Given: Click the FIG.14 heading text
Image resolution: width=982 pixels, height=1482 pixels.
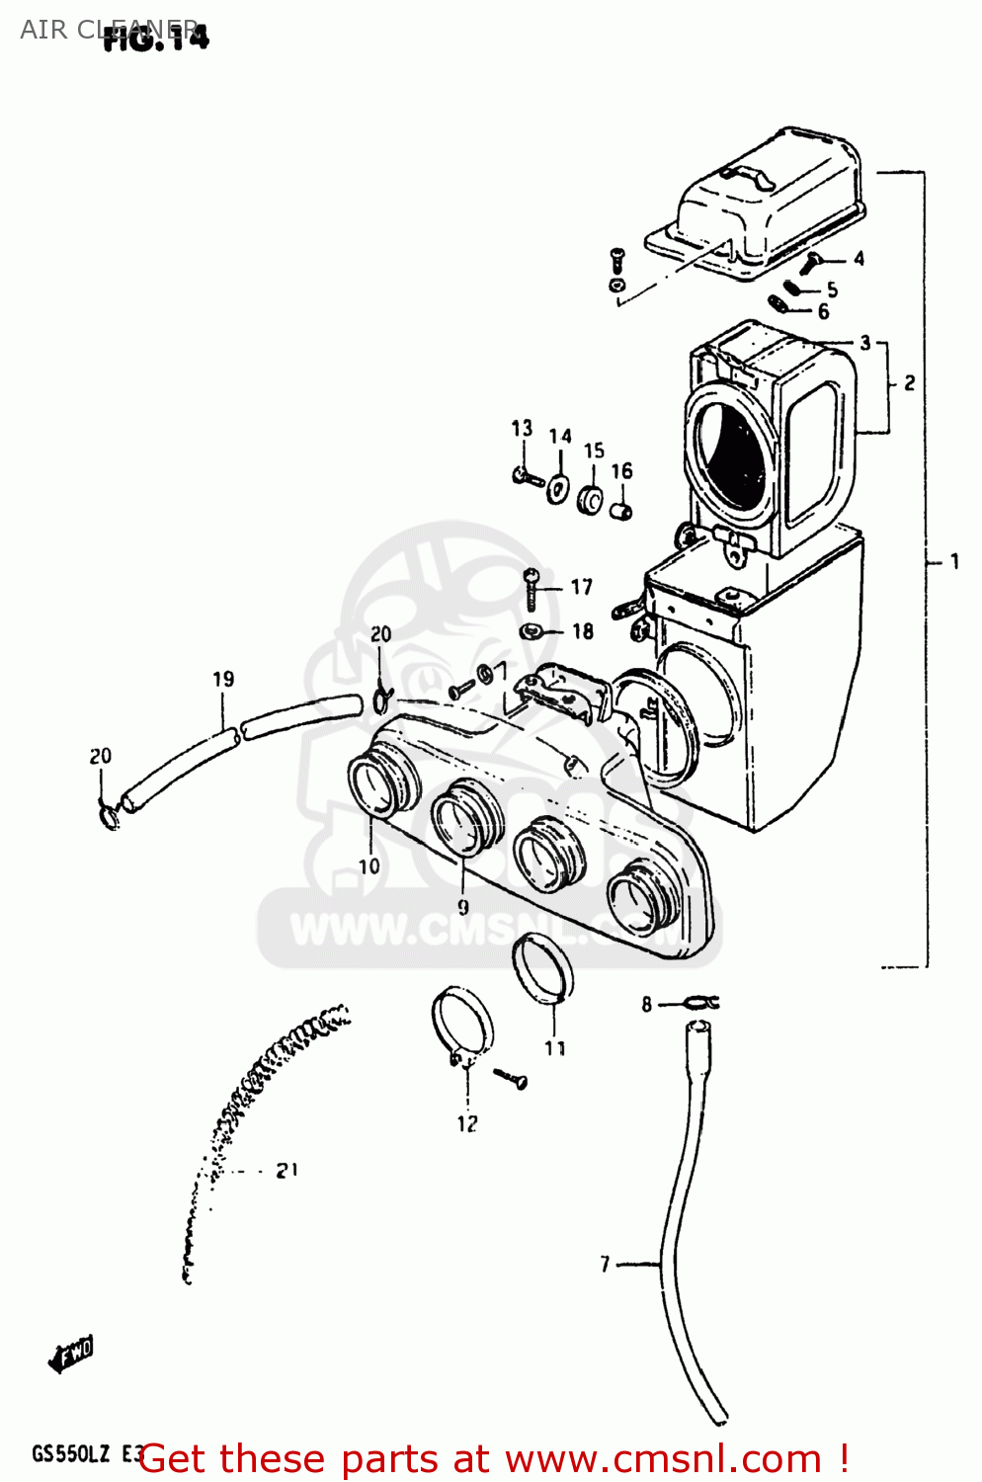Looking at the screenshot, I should pos(156,38).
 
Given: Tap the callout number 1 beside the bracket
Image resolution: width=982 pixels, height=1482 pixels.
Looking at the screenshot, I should pos(954,561).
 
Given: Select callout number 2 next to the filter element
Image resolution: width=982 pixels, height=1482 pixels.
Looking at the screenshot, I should pos(909,382).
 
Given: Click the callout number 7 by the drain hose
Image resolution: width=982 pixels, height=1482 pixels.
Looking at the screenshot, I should pos(606,1264).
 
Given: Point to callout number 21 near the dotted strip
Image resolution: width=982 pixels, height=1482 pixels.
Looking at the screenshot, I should pos(286,1171).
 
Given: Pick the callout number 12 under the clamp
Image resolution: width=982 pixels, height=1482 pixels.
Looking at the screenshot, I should pos(467,1123).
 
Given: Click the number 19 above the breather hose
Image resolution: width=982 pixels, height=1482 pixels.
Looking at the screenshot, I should pos(223,679).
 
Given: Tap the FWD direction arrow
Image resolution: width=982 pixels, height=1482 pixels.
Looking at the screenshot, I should pos(72,1354).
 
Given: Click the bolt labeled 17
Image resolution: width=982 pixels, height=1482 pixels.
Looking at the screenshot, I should pos(532,590).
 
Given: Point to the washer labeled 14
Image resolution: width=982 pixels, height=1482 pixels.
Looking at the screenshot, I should pos(558,488).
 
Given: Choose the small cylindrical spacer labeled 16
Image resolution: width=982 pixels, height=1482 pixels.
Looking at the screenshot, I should pos(620,511).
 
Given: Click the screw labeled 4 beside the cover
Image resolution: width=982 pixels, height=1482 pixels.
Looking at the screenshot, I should pos(812,262).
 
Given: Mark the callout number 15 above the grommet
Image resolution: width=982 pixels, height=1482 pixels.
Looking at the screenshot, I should pos(594,451).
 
